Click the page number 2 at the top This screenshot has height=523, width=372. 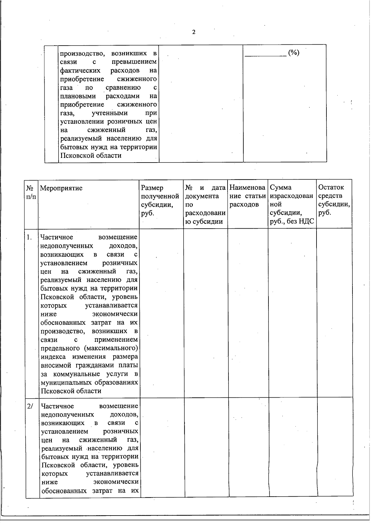[194, 32]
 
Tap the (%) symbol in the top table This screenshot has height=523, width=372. [293, 53]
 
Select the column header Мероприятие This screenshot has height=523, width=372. [61, 188]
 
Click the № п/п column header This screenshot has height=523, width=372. [30, 192]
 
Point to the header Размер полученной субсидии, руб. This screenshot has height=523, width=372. [160, 200]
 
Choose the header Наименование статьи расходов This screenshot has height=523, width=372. [248, 196]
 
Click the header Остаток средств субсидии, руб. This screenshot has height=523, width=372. [334, 200]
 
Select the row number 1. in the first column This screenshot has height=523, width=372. [29, 238]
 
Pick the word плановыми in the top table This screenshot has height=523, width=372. [78, 96]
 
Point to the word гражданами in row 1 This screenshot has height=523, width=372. [93, 365]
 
